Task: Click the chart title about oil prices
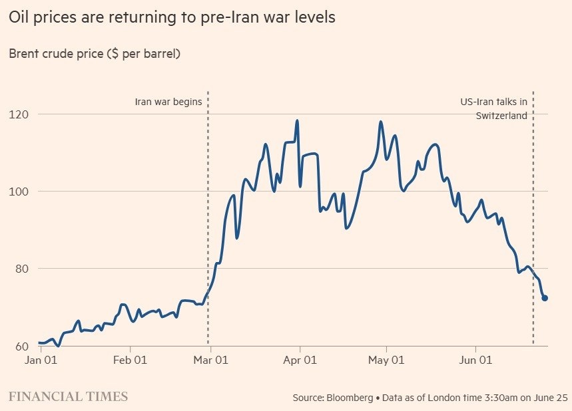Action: [172, 17]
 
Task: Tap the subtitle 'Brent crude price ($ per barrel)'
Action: [95, 54]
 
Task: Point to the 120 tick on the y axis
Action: [18, 114]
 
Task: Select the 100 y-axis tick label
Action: [18, 192]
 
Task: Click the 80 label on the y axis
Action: [21, 269]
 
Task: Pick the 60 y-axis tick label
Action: [21, 346]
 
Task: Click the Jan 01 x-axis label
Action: [41, 360]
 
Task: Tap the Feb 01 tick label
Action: [130, 360]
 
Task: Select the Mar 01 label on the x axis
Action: [210, 360]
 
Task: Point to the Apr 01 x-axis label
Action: [300, 360]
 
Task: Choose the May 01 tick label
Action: [386, 360]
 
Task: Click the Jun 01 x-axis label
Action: [475, 360]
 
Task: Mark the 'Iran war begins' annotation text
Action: [168, 102]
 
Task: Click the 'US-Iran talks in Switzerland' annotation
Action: [494, 108]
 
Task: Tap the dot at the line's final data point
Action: [545, 298]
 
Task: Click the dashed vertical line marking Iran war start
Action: [208, 218]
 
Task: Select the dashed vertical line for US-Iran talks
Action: [533, 218]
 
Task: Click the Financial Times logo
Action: [68, 396]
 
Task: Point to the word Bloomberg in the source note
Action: [350, 398]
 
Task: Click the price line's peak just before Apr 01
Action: [297, 120]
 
